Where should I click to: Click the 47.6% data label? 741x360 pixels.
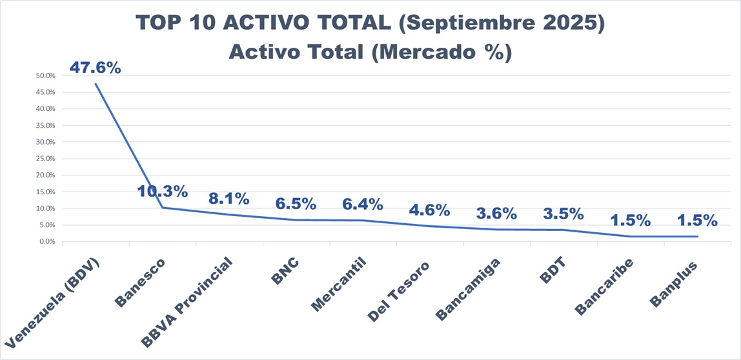pos(96,67)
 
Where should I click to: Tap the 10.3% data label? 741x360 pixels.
pos(162,191)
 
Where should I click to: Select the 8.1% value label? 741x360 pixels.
pos(229,198)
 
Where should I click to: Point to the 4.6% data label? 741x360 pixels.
pos(429,210)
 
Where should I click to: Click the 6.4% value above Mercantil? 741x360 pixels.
pos(363,204)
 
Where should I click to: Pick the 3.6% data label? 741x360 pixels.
pos(496,213)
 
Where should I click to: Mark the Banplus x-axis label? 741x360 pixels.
pos(674,281)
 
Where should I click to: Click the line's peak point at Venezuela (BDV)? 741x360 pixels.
pos(96,83)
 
